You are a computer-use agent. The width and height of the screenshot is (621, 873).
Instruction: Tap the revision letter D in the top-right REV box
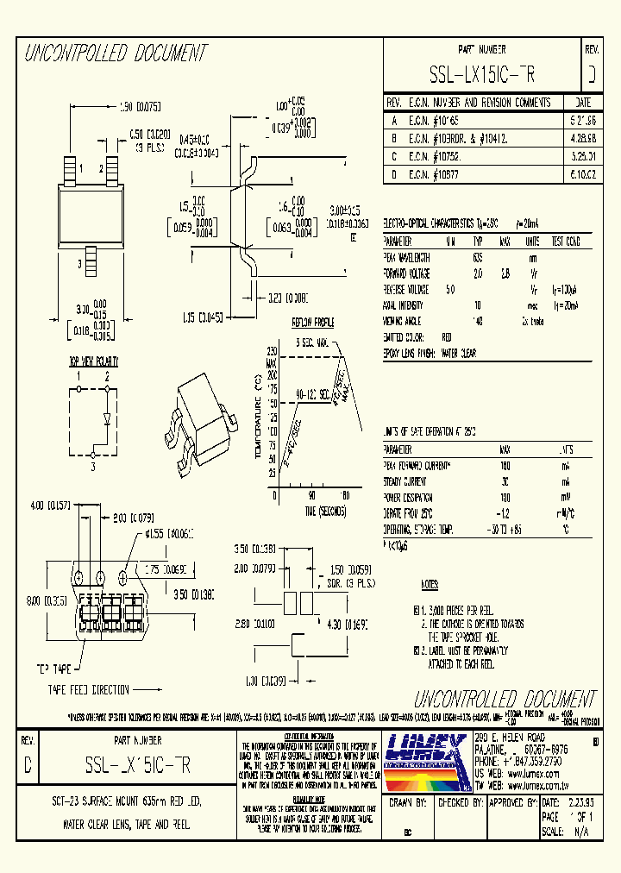click(591, 75)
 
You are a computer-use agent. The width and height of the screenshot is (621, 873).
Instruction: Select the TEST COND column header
click(569, 242)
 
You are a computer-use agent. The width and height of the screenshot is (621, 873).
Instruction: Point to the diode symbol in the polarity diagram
click(107, 419)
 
